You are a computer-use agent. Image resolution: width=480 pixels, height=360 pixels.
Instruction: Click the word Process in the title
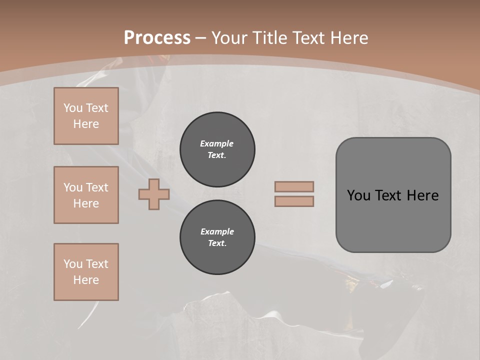coord(157,38)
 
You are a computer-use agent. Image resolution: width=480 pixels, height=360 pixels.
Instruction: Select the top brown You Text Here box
coord(86,116)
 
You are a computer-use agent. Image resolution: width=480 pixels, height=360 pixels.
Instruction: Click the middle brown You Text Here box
coord(86,195)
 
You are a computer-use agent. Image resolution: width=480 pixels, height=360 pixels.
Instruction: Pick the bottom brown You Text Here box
coord(86,272)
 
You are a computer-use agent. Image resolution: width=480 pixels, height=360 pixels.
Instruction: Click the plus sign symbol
coord(154,194)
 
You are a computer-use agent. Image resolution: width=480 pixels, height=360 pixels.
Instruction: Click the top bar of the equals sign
coord(294,186)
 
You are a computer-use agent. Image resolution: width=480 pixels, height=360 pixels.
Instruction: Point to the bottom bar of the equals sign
coord(294,201)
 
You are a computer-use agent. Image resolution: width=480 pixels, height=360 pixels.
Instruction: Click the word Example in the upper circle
coord(217,143)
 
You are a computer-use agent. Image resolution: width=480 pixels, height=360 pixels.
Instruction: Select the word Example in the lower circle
coord(217,231)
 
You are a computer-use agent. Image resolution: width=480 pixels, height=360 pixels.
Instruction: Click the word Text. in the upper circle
coord(217,155)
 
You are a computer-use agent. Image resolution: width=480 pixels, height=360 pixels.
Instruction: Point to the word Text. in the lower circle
coord(217,243)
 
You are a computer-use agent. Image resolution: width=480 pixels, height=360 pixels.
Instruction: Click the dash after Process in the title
coord(201,38)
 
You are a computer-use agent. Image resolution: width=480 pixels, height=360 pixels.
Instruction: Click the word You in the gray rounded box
coord(358,195)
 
